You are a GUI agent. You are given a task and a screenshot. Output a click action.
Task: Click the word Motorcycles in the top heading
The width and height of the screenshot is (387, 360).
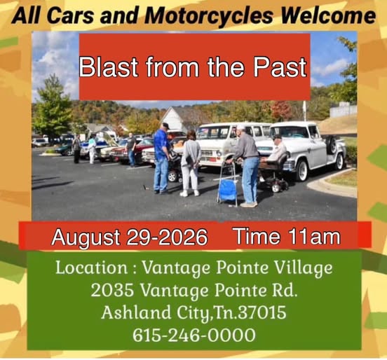click(209, 16)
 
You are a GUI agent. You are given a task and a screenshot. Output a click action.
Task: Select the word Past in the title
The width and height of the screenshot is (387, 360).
click(280, 67)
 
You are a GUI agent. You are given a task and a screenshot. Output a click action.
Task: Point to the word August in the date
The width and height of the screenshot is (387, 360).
click(86, 237)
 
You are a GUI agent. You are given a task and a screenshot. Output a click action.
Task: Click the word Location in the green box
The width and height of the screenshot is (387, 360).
click(92, 268)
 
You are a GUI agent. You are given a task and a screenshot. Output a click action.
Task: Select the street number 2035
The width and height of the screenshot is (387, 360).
click(113, 291)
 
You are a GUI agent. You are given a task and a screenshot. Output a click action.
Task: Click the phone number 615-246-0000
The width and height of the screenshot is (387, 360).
click(194, 335)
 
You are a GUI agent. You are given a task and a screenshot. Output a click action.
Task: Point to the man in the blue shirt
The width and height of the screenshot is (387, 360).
click(162, 158)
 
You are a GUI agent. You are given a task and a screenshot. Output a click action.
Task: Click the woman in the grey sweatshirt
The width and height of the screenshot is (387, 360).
click(190, 163)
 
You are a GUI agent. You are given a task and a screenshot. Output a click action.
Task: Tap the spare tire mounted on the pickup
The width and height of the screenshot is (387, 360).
click(332, 145)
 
